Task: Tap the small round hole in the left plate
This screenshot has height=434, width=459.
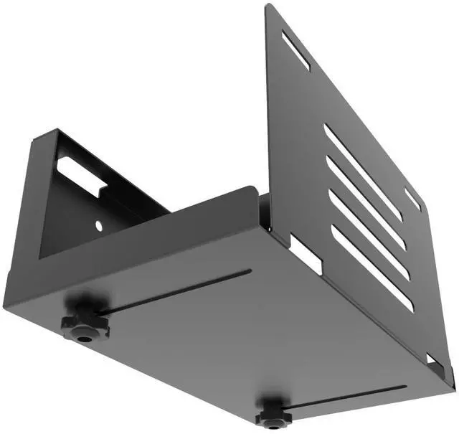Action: (98, 226)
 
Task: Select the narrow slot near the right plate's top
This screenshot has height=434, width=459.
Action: (295, 50)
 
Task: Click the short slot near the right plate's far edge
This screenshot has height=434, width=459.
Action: (412, 199)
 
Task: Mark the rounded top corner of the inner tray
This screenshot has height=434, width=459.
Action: (252, 189)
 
